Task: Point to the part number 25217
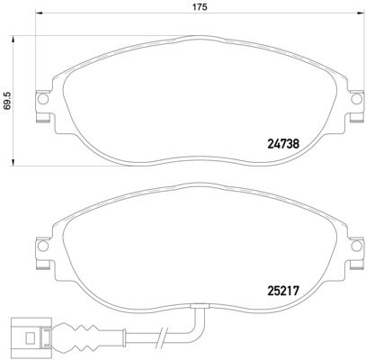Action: pos(283,292)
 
